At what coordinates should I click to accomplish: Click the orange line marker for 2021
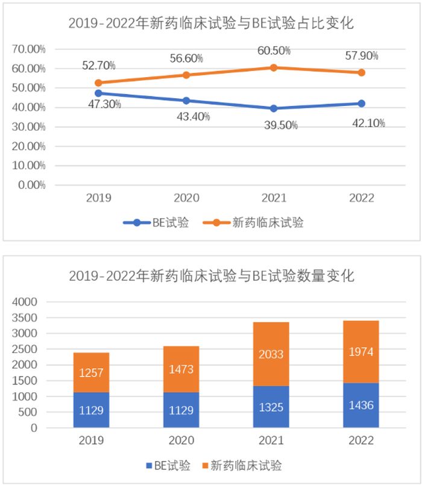click(274, 67)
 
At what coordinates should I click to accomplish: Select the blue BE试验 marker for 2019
click(98, 93)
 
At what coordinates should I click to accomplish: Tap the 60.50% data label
click(274, 51)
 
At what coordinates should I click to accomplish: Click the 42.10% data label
click(368, 123)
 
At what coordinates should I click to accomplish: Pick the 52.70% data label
click(99, 65)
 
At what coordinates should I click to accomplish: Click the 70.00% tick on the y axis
click(29, 49)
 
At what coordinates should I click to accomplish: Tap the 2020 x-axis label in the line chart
click(186, 198)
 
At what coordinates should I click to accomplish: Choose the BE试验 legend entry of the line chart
click(156, 222)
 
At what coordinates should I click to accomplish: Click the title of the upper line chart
click(210, 24)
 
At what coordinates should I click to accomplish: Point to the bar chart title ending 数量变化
click(211, 277)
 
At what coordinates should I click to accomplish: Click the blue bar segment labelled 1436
click(361, 405)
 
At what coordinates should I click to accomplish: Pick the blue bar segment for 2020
click(181, 410)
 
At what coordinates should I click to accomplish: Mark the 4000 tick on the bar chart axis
click(25, 301)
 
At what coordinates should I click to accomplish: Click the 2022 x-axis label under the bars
click(361, 440)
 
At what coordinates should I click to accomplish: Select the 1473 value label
click(181, 369)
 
